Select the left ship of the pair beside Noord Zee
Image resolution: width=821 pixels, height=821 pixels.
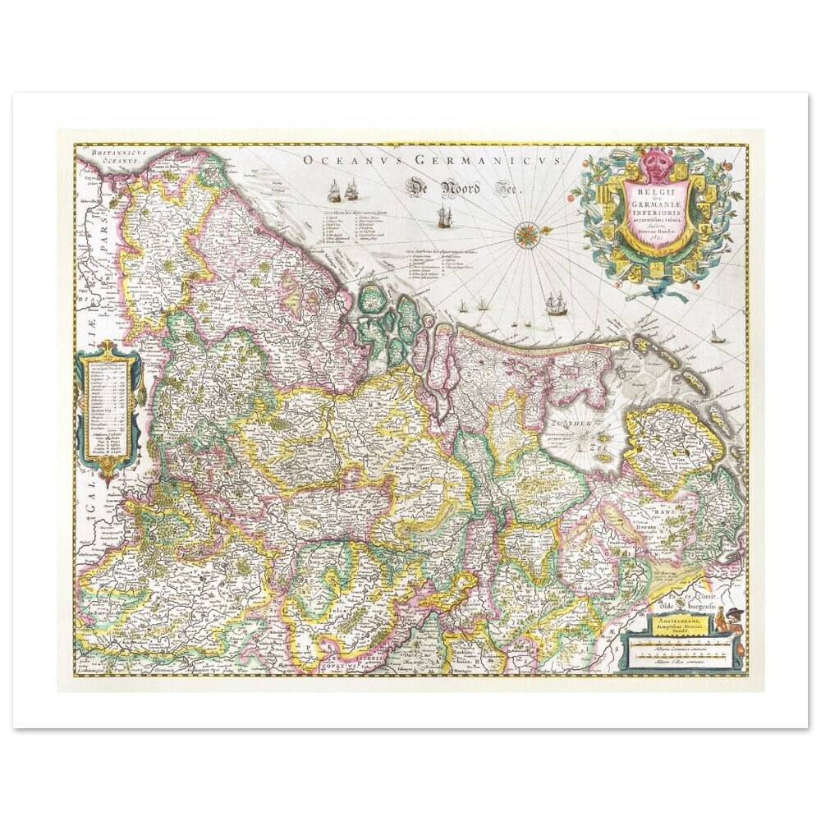(x=334, y=193)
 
